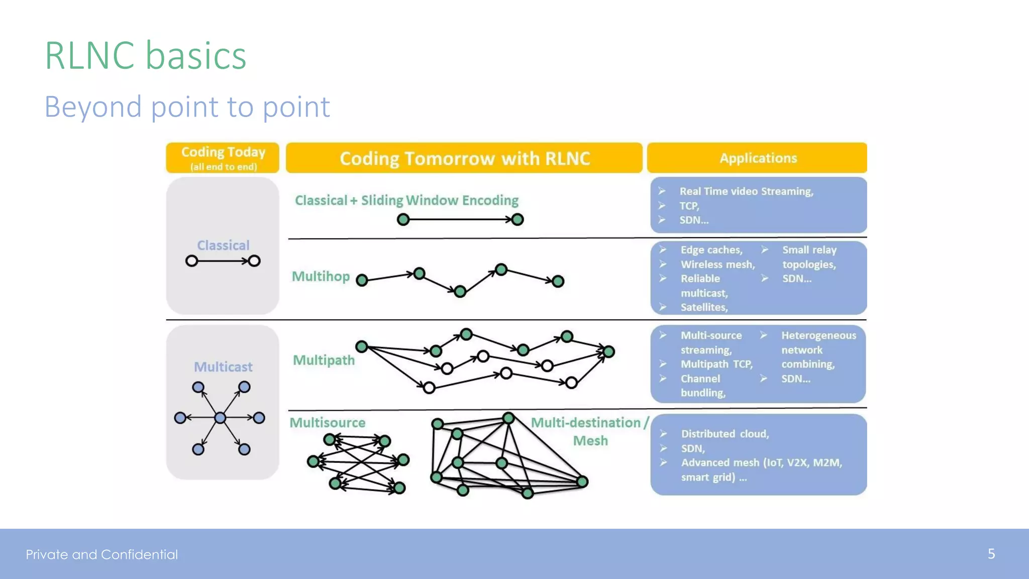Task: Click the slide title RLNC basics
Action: (x=146, y=55)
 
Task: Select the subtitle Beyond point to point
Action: (x=187, y=107)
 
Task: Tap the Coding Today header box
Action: (x=223, y=157)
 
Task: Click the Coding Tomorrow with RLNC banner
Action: (x=464, y=158)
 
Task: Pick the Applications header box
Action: (x=758, y=158)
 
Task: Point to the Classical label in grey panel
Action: (x=223, y=245)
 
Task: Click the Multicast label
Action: (x=223, y=367)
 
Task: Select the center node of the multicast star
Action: (x=220, y=418)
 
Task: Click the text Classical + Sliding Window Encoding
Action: (x=406, y=201)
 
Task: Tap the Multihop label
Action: (x=321, y=276)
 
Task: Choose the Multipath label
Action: (x=324, y=360)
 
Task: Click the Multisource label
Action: (x=327, y=423)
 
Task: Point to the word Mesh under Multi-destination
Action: (x=590, y=441)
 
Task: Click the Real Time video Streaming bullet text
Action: (x=746, y=191)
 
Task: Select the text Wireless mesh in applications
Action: (x=717, y=264)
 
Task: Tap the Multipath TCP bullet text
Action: (x=716, y=364)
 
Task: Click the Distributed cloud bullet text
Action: (x=725, y=434)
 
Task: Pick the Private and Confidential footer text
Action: (x=102, y=554)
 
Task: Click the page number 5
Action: (x=991, y=554)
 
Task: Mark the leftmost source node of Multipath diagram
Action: (x=361, y=346)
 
